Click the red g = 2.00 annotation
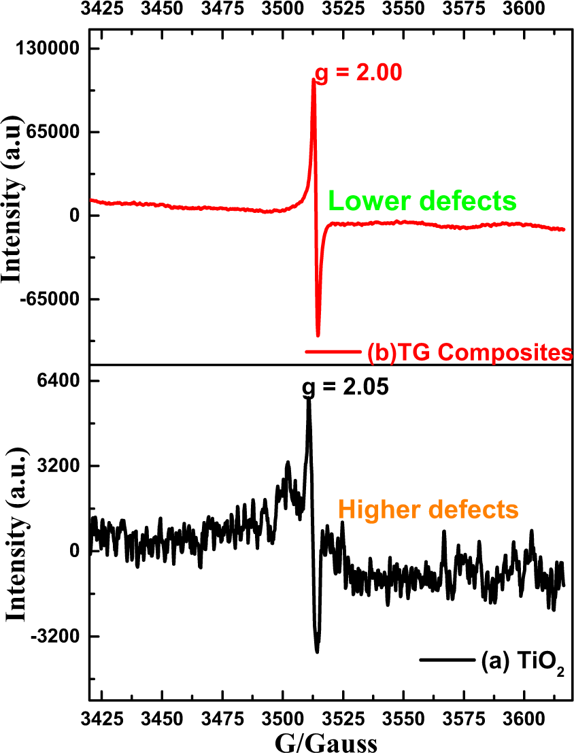pyautogui.click(x=358, y=71)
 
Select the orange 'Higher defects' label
pyautogui.click(x=428, y=509)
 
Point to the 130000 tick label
pyautogui.click(x=54, y=48)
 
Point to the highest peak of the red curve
pyautogui.click(x=314, y=79)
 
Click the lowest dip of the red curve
pyautogui.click(x=318, y=335)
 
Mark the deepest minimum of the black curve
pyautogui.click(x=317, y=652)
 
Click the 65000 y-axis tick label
pyautogui.click(x=58, y=132)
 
